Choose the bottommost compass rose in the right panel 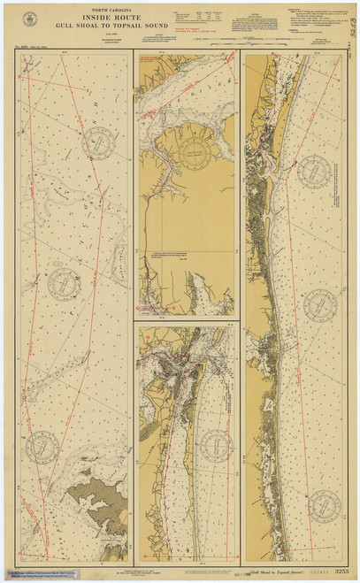(x=322, y=503)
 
